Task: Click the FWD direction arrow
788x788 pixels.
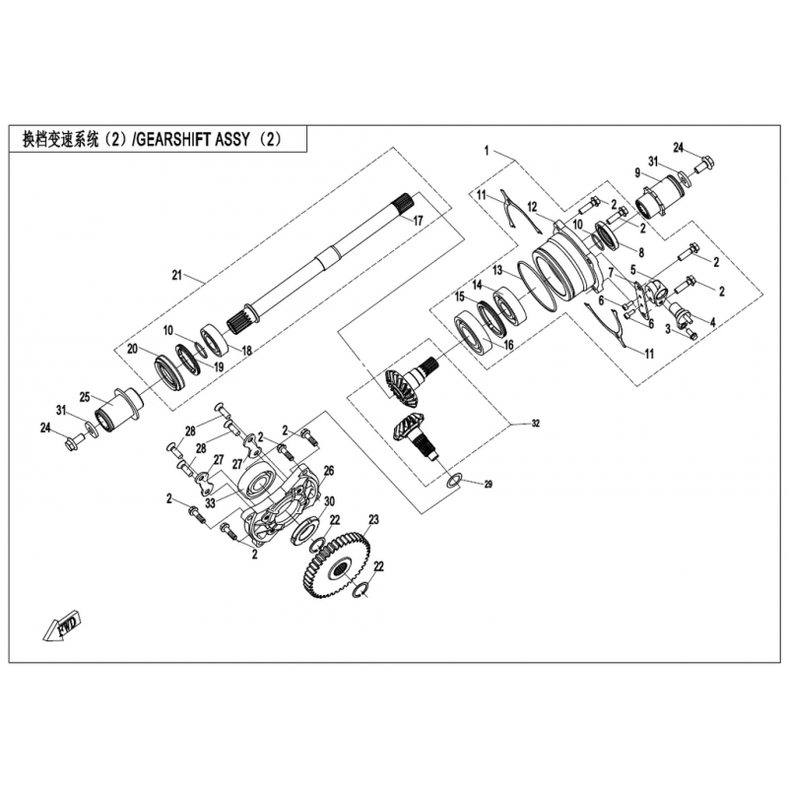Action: click(x=62, y=624)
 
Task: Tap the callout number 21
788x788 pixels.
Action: click(x=177, y=276)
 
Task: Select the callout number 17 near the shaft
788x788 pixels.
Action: click(x=418, y=220)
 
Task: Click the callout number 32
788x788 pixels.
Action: click(x=536, y=424)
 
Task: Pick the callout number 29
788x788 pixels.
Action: click(x=488, y=485)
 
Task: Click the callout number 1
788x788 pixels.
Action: click(x=487, y=150)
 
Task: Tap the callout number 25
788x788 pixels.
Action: click(x=85, y=397)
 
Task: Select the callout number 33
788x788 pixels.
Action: click(x=210, y=502)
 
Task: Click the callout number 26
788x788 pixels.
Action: click(x=329, y=471)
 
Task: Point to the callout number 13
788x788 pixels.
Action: click(x=497, y=270)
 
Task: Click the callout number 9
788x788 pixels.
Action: click(x=637, y=173)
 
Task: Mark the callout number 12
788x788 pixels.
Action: click(x=532, y=207)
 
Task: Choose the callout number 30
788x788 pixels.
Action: click(x=330, y=501)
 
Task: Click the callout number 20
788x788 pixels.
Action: click(x=132, y=349)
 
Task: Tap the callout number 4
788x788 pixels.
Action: click(x=712, y=322)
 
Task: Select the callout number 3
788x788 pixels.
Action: click(x=668, y=330)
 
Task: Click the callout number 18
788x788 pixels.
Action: click(x=246, y=351)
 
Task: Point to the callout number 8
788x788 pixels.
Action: click(x=641, y=253)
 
